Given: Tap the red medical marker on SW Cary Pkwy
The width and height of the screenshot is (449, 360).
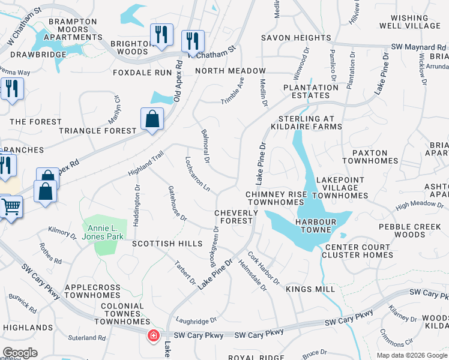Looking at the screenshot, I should pyautogui.click(x=154, y=335).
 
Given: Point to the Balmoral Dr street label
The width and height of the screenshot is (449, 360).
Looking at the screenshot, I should pyautogui.click(x=205, y=146).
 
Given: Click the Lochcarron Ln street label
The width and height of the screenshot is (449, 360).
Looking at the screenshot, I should pyautogui.click(x=197, y=175).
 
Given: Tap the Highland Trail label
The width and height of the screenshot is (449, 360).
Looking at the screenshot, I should pyautogui.click(x=145, y=164).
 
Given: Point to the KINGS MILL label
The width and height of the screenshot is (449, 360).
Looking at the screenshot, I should pyautogui.click(x=310, y=289).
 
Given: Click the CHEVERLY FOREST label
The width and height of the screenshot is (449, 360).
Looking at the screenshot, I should pyautogui.click(x=234, y=217).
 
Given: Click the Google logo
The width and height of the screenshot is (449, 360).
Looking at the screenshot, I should pyautogui.click(x=20, y=353).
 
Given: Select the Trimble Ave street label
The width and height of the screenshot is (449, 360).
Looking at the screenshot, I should pyautogui.click(x=232, y=90).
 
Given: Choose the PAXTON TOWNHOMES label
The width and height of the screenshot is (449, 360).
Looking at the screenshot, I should pyautogui.click(x=370, y=157).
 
